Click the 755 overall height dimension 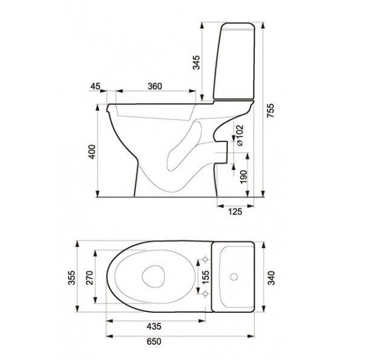tap(271, 111)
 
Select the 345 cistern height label tap(196, 62)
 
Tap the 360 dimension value tap(155, 86)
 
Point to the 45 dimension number tap(96, 86)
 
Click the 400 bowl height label tap(92, 152)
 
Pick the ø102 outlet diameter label tap(240, 135)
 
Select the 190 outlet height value tap(244, 177)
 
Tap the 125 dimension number tap(235, 212)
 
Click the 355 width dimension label tap(72, 278)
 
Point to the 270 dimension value tap(90, 278)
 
